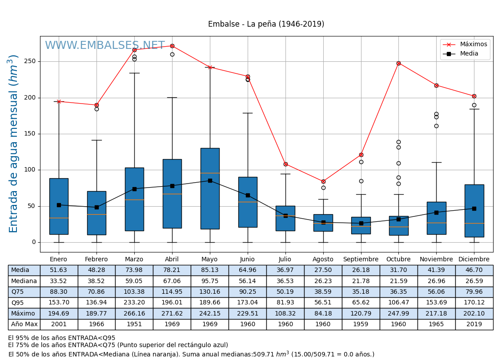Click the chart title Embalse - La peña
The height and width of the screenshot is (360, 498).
[x=266, y=24]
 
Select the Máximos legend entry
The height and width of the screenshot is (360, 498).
[x=473, y=44]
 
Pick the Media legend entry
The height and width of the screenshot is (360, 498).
[x=469, y=54]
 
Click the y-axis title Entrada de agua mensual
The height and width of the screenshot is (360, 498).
[x=14, y=144]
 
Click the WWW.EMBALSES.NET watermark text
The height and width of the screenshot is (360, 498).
[x=104, y=46]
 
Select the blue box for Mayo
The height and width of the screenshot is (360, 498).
[x=210, y=188]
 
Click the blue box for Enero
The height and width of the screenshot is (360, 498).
[x=59, y=206]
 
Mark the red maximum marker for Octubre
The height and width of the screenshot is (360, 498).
[x=398, y=63]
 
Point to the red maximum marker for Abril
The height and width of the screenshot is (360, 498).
[x=172, y=46]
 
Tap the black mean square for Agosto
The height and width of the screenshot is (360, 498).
[x=323, y=222]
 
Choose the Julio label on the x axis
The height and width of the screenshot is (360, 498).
[x=285, y=259]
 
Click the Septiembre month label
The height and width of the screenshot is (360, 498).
[x=361, y=259]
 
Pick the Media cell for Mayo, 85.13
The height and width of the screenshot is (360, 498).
[x=210, y=270]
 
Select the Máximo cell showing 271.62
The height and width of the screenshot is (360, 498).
[x=172, y=313]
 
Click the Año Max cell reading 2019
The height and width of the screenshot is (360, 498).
[x=474, y=324]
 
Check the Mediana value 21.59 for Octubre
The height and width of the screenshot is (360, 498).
[x=398, y=281]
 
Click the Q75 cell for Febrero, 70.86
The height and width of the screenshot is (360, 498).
[x=96, y=292]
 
